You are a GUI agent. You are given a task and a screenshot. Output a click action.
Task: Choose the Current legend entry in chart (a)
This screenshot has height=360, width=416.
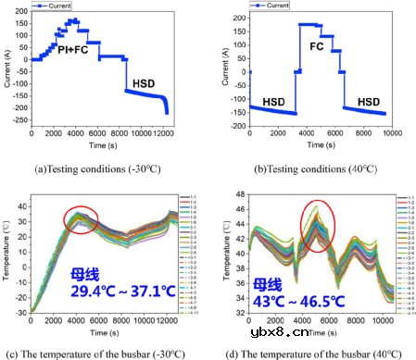click(58, 6)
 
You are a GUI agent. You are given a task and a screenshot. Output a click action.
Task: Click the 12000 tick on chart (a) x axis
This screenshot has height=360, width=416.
click(164, 135)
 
